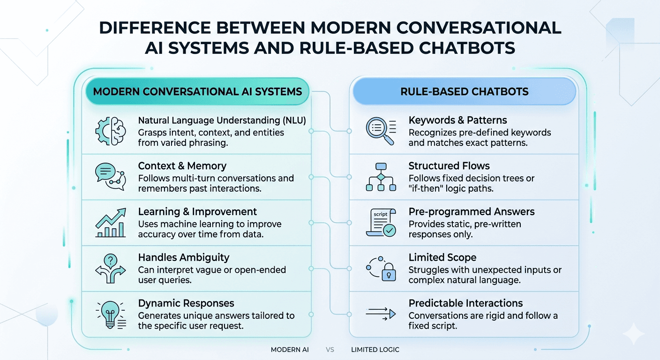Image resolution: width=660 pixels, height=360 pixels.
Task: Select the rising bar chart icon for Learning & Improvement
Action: click(x=110, y=223)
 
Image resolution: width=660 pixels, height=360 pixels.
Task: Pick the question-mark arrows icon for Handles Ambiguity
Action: click(x=110, y=269)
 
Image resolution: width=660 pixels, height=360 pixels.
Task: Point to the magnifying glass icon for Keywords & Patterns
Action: click(x=381, y=132)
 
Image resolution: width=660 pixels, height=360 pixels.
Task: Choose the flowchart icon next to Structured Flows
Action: click(x=381, y=177)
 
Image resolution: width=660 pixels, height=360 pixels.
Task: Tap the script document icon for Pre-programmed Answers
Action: click(x=381, y=223)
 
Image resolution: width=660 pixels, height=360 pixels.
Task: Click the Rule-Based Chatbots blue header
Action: click(x=464, y=91)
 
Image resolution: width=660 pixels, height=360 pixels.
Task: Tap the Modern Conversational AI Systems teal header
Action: click(x=197, y=91)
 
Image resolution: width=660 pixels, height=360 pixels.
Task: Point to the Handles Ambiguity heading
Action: click(x=183, y=257)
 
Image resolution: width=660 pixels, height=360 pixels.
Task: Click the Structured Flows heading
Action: click(x=449, y=166)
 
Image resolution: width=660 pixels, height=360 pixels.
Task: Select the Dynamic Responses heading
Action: click(x=186, y=303)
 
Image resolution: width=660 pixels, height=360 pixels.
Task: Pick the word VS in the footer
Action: click(x=330, y=350)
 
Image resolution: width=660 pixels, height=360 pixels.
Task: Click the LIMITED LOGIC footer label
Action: click(x=375, y=350)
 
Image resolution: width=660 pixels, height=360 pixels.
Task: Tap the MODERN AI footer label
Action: click(x=290, y=350)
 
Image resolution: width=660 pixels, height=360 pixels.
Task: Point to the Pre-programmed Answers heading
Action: click(x=472, y=212)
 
